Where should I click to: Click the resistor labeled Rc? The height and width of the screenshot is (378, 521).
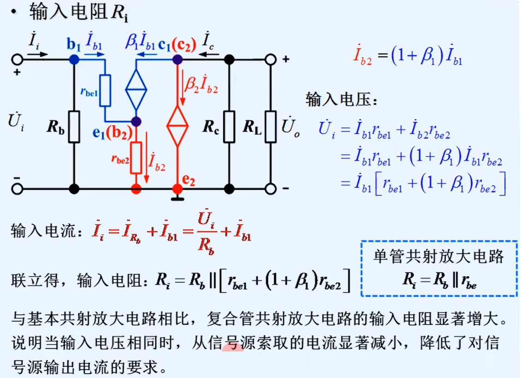pos(229,126)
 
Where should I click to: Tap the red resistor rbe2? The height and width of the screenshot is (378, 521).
pos(136,157)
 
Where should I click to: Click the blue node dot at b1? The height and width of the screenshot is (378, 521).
pos(74,60)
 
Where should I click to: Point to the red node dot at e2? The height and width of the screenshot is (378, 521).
pos(177,189)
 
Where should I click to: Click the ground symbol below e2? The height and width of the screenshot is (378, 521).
pos(177,199)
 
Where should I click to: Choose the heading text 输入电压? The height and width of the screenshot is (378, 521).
pos(335,99)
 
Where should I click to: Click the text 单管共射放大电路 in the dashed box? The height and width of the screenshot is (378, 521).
pos(439,257)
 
